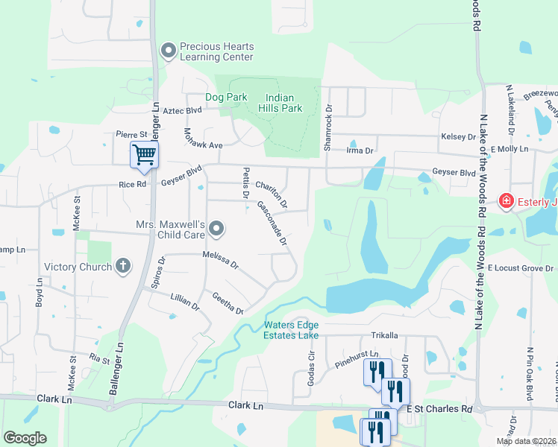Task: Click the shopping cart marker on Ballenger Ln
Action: pyautogui.click(x=145, y=155)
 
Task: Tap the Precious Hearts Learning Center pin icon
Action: pyautogui.click(x=169, y=51)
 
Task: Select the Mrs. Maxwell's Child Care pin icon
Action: pyautogui.click(x=216, y=229)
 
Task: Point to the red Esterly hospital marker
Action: pyautogui.click(x=506, y=201)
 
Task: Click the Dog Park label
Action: pyautogui.click(x=226, y=98)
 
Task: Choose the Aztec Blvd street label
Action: pyautogui.click(x=183, y=110)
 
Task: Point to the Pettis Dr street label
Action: pyautogui.click(x=245, y=183)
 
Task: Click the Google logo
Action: pyautogui.click(x=25, y=438)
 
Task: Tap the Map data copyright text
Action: pyautogui.click(x=525, y=441)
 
